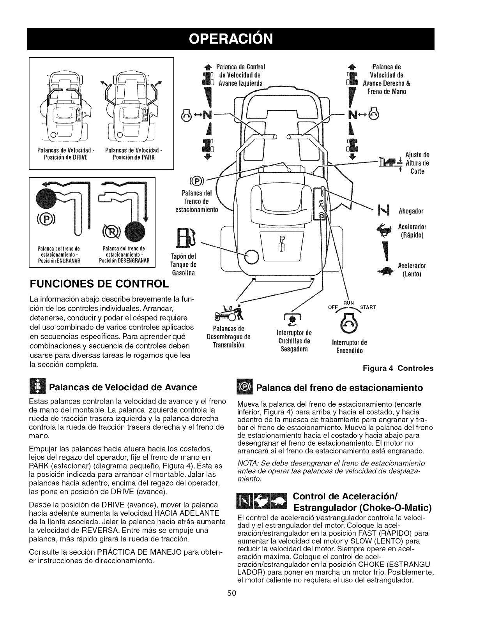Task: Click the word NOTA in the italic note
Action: point(246,463)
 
